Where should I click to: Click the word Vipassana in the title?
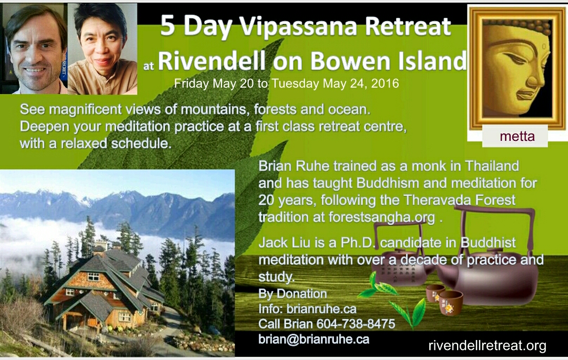click(x=299, y=27)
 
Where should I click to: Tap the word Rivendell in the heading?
click(x=212, y=60)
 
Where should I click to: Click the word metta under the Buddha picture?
click(x=517, y=137)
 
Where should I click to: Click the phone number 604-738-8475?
click(x=356, y=324)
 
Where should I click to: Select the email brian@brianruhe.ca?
click(x=313, y=340)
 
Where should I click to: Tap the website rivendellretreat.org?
click(x=487, y=345)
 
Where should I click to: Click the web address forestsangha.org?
click(x=382, y=217)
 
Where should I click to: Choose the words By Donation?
click(x=293, y=293)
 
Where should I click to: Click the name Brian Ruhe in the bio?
click(x=294, y=166)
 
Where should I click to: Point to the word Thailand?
click(x=492, y=166)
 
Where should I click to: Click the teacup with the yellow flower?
click(x=451, y=302)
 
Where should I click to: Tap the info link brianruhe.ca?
click(x=321, y=308)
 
